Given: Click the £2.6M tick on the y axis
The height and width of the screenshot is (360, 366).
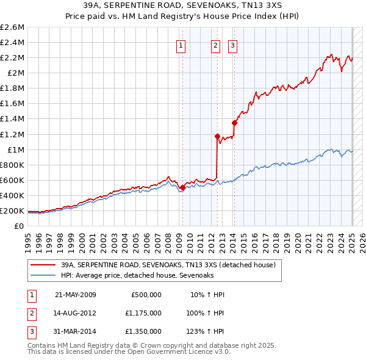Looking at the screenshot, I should pyautogui.click(x=13, y=27).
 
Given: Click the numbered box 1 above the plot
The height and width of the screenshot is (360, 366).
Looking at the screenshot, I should pyautogui.click(x=182, y=44).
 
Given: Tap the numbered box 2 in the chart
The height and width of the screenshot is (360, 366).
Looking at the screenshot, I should pyautogui.click(x=216, y=44).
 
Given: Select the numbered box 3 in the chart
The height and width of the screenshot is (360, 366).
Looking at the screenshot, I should pyautogui.click(x=234, y=44).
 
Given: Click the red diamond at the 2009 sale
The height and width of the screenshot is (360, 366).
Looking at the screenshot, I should pyautogui.click(x=182, y=188).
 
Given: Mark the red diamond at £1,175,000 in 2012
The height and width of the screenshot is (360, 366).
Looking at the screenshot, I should pyautogui.click(x=217, y=136).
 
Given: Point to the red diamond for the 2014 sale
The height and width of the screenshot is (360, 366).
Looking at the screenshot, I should pyautogui.click(x=234, y=123).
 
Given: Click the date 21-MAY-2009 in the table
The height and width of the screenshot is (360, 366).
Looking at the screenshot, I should pyautogui.click(x=76, y=295).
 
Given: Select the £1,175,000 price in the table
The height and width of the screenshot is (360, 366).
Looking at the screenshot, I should pyautogui.click(x=145, y=313).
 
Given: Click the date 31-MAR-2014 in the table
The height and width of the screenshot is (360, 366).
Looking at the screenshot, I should pyautogui.click(x=76, y=331).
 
